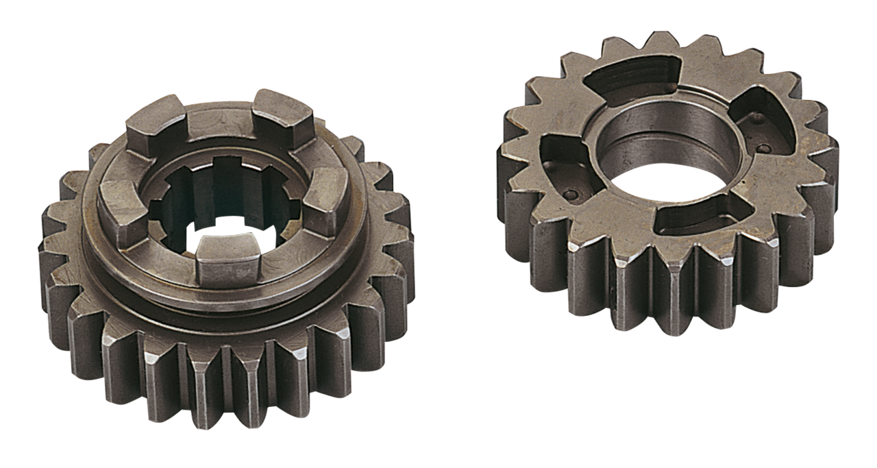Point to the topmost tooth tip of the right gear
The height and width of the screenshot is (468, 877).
coord(659,38)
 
